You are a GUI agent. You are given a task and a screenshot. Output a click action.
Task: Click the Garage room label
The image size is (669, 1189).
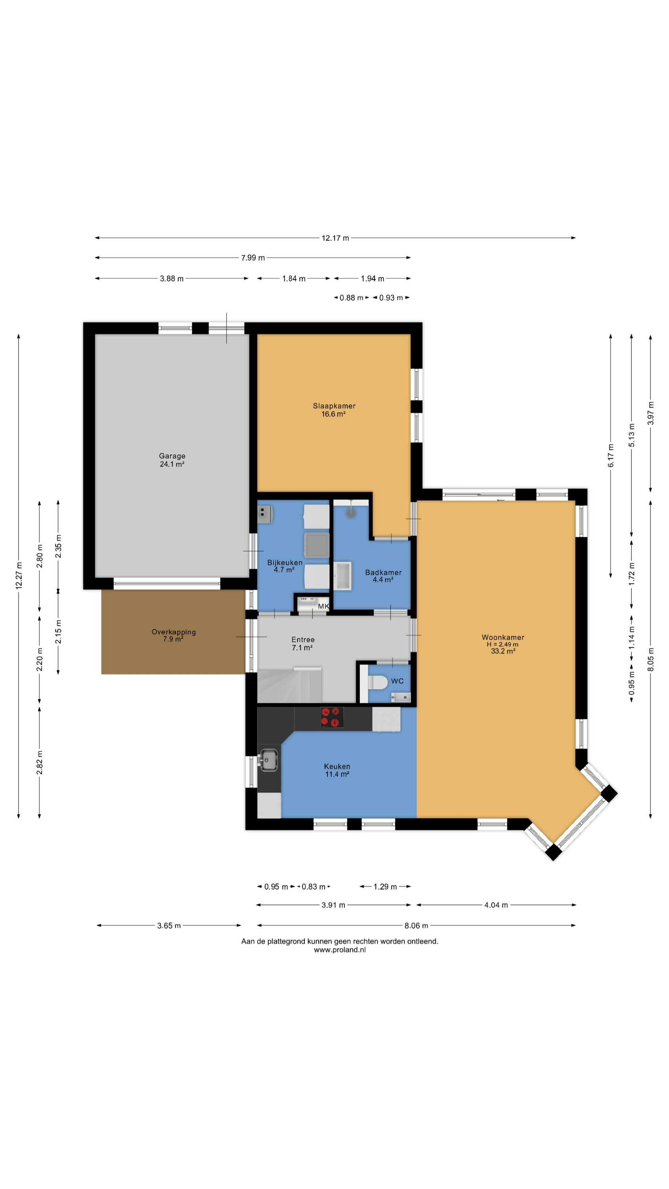[172, 455]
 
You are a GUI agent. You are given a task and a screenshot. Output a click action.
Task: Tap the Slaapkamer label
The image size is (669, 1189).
[334, 406]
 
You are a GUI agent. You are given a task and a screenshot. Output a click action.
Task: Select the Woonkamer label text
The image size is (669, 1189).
[503, 637]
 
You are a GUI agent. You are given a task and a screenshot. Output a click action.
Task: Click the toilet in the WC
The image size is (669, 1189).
[377, 682]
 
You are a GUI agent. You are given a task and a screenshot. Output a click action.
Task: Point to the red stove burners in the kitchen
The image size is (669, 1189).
[332, 717]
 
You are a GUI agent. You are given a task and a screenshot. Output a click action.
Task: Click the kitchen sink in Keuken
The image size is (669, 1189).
[268, 760]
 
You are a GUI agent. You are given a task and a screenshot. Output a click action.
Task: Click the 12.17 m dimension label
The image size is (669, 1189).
[335, 238]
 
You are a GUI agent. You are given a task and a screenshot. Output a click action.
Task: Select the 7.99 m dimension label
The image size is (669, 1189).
[253, 258]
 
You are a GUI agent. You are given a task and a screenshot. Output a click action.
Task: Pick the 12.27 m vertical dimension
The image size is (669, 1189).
[19, 575]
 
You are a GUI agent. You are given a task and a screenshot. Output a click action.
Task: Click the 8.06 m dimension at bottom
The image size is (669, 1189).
[416, 925]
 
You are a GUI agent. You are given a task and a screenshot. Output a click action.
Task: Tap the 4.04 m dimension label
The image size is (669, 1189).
[496, 905]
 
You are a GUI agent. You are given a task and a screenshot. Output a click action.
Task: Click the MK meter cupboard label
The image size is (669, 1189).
[323, 606]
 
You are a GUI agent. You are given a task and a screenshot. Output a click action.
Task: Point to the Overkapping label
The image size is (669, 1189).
[174, 632]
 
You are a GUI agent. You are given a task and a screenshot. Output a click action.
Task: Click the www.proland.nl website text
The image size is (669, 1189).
[340, 950]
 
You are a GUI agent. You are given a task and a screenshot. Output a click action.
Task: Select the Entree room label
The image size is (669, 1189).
[303, 639]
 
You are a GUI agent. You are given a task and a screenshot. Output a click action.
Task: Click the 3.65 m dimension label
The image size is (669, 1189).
[169, 925]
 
